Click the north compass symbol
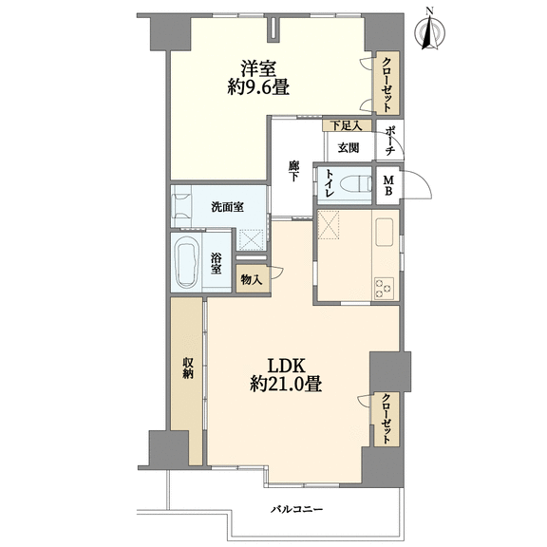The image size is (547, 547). pyautogui.click(x=430, y=31)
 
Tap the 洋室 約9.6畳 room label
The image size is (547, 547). pyautogui.click(x=258, y=78)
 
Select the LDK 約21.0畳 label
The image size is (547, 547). pyautogui.click(x=286, y=375)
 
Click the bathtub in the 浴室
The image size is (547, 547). pyautogui.click(x=186, y=262)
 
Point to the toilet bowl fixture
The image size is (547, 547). pyautogui.click(x=355, y=183)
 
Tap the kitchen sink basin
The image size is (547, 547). pyautogui.click(x=384, y=232)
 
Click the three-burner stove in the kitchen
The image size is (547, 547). pyautogui.click(x=384, y=288)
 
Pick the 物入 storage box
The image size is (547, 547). pyautogui.click(x=253, y=279)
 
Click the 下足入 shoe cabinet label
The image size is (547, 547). pyautogui.click(x=346, y=125)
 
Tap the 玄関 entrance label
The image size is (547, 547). pyautogui.click(x=349, y=148)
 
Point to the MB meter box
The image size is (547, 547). pyautogui.click(x=388, y=185)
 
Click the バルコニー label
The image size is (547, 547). pyautogui.click(x=297, y=510)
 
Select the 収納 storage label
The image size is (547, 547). pyautogui.click(x=187, y=368)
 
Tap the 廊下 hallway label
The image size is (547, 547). pyautogui.click(x=293, y=171)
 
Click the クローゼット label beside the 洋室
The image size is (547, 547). pyautogui.click(x=387, y=85)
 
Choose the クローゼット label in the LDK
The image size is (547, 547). pyautogui.click(x=386, y=419)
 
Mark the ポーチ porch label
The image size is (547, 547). pyautogui.click(x=389, y=141)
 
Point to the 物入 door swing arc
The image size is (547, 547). pyautogui.click(x=280, y=273)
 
